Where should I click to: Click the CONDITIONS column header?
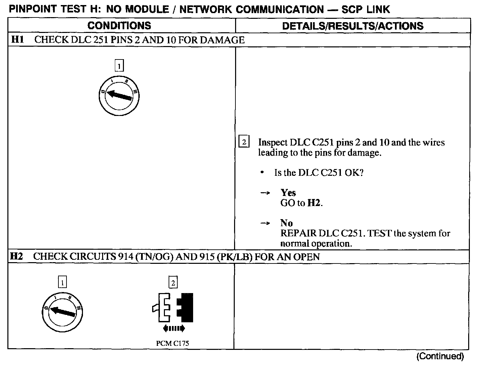tap(119, 26)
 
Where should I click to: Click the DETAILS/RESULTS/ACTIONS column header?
tap(353, 26)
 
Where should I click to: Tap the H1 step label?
tap(17, 40)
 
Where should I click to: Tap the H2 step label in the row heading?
tap(16, 257)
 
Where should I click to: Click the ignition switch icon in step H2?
tap(63, 313)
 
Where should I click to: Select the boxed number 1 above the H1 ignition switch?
tap(119, 65)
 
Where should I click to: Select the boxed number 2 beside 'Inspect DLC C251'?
tap(244, 142)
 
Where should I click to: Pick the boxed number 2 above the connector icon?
tap(173, 283)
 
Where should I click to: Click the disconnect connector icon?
tap(173, 307)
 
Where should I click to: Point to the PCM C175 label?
tap(173, 343)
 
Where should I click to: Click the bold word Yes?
tap(288, 193)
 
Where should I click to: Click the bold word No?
tap(286, 223)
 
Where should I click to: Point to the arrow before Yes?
tap(265, 193)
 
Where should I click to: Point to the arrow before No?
tap(265, 223)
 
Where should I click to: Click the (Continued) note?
tap(440, 356)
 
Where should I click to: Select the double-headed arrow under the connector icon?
tap(173, 328)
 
